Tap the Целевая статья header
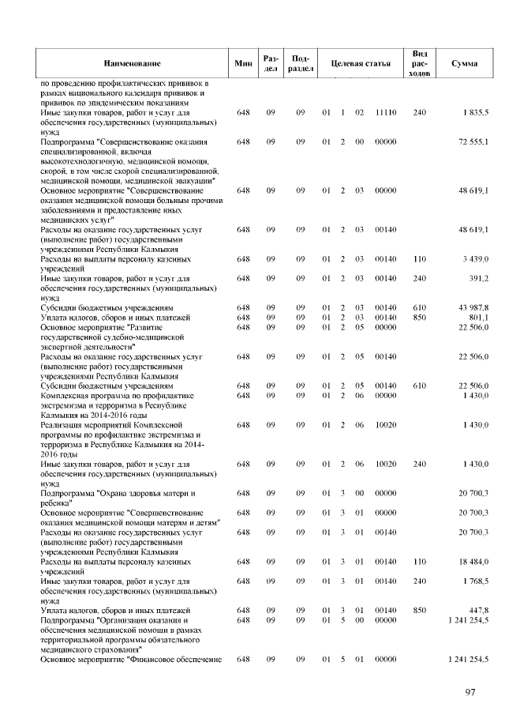pyautogui.click(x=361, y=62)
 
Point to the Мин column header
pyautogui.click(x=242, y=62)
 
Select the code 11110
pyautogui.click(x=385, y=113)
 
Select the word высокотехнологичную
pyautogui.click(x=79, y=160)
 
